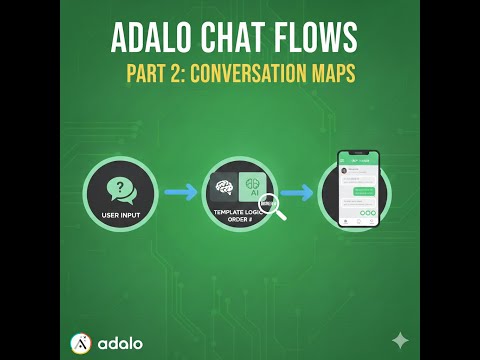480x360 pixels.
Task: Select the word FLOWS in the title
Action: coord(316,39)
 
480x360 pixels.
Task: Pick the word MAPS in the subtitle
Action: coord(329,74)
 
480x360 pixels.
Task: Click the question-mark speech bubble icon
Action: coord(121,189)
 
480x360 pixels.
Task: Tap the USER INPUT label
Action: coord(121,213)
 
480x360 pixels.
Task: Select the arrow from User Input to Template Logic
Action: coord(181,192)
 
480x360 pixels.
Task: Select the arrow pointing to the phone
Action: coord(296,192)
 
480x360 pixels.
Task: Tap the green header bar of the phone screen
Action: coord(357,160)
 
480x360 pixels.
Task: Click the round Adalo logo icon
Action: coord(81,343)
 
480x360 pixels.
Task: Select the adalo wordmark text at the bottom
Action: coord(120,343)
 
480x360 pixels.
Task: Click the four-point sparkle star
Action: coord(400,340)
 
